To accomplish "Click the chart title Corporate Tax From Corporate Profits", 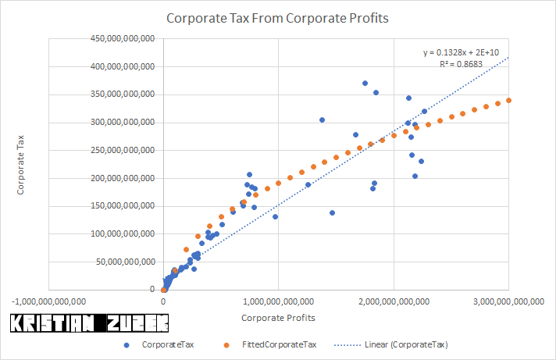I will click(278, 16).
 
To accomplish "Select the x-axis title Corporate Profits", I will click(277, 318).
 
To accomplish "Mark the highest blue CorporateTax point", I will click(365, 83).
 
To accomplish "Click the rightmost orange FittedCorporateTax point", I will click(509, 100).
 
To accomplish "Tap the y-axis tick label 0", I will click(151, 290).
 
